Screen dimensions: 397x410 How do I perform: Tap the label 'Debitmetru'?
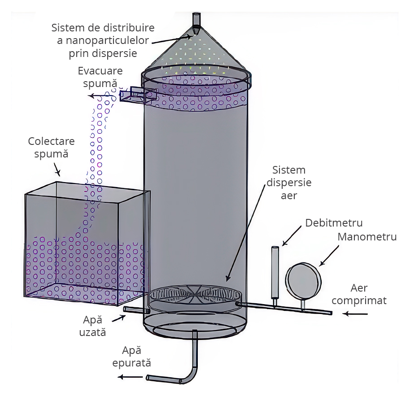pos(334,223)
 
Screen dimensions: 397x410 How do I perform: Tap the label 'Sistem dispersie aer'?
pos(289,183)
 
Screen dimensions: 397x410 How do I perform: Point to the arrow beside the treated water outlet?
pos(129,377)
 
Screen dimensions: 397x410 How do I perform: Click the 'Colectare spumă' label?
pos(51,147)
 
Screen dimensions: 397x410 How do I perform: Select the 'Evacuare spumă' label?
pos(100,77)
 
